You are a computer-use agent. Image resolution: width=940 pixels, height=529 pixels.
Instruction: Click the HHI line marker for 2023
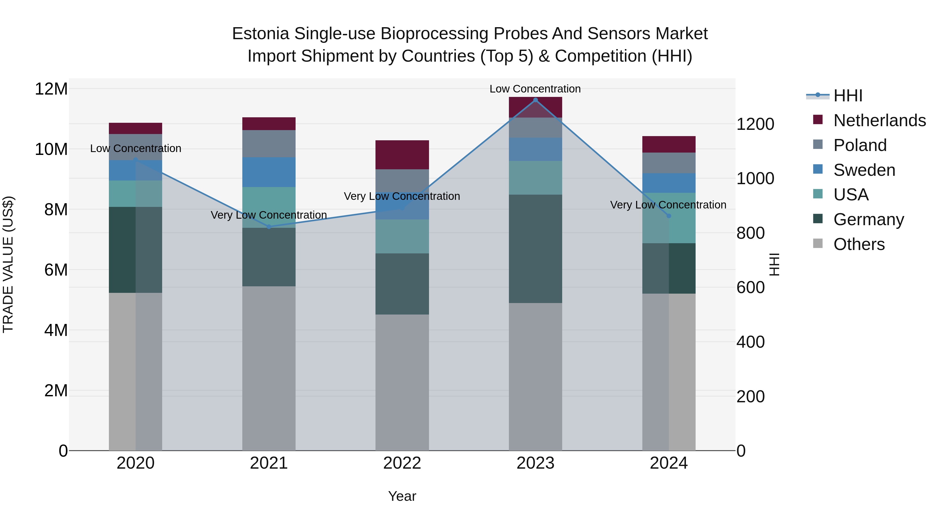pos(535,100)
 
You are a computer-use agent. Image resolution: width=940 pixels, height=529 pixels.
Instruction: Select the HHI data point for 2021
pos(269,227)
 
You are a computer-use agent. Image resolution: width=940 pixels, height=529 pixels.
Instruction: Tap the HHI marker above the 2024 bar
pos(668,216)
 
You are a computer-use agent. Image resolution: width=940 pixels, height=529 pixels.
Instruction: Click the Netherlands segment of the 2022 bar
pos(402,155)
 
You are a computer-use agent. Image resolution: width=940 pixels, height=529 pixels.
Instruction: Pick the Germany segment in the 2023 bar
pos(535,249)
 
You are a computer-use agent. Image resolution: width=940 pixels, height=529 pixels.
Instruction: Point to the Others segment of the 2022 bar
pos(402,382)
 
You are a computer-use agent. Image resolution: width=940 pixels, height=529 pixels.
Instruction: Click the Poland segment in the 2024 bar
pos(668,163)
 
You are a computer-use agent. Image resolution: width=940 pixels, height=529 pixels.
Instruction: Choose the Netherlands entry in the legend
pos(879,120)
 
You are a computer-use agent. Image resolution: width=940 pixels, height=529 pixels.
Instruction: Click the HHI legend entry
pos(847,96)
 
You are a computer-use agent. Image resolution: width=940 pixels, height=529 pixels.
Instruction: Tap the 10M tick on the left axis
pos(51,149)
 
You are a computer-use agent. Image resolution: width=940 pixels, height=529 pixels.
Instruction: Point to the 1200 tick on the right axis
pos(755,124)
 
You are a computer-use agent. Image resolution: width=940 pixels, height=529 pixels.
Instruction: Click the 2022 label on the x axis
pos(402,463)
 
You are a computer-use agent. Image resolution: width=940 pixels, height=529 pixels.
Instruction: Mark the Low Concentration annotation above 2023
pos(535,89)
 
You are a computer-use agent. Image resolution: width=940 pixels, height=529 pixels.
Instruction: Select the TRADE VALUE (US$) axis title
pos(8,264)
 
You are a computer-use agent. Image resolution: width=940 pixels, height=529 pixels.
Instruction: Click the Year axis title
pos(402,496)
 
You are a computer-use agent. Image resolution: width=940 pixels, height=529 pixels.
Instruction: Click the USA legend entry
pos(851,195)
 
